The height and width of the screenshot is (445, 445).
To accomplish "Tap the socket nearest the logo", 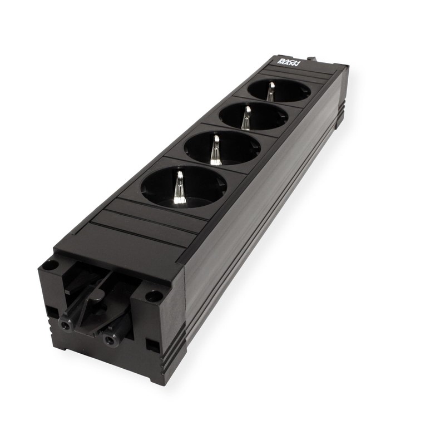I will point(279,91).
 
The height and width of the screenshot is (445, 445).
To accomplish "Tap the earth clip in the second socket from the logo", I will point(246,118).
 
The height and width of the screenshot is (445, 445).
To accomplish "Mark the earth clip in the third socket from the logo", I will point(215,150).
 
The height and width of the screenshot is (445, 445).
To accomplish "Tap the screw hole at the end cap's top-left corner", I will point(50,265).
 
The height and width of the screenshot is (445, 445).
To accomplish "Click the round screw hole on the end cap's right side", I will point(154,296).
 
